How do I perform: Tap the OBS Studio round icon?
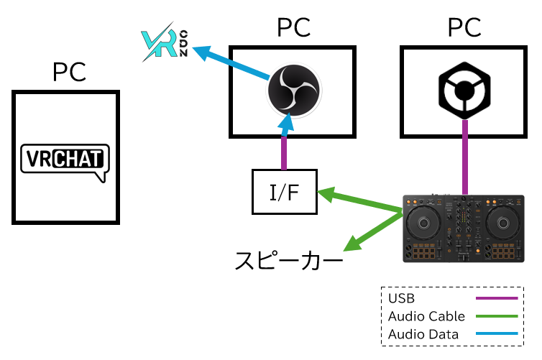293,90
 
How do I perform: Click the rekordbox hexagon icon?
464,91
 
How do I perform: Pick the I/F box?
284,192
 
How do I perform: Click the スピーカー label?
288,259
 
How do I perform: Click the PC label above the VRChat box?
69,72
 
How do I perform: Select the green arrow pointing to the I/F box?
359,202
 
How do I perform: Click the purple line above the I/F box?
285,152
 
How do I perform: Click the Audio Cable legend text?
426,316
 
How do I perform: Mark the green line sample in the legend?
496,316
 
